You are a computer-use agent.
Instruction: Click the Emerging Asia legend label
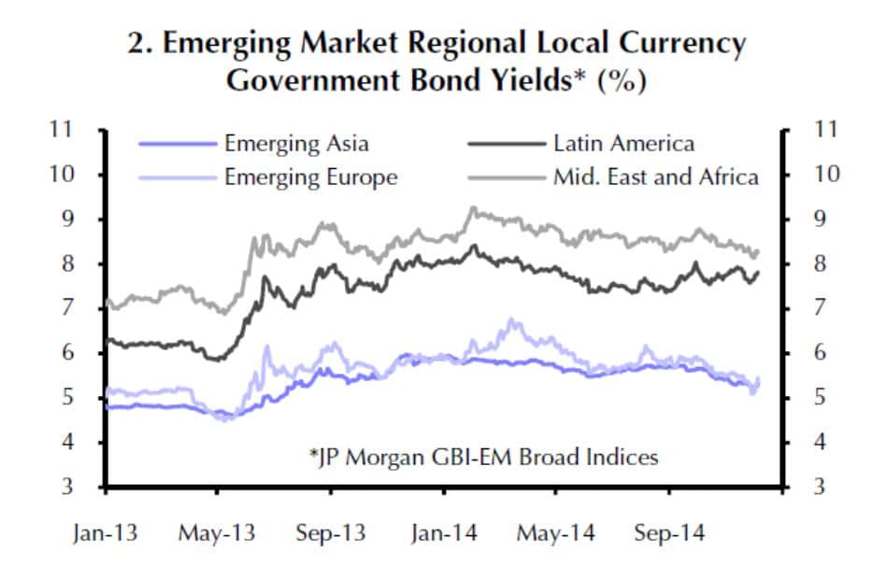pos(296,144)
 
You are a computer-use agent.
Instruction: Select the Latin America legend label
pos(623,144)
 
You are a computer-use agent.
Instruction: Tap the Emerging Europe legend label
pos(310,177)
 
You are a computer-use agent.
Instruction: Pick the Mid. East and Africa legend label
pos(655,177)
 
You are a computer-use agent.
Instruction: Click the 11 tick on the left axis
pos(62,130)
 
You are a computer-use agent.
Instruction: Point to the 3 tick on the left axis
pos(68,488)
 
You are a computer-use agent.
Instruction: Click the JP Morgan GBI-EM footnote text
pos(483,458)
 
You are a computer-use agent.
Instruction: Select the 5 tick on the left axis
pos(68,398)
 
